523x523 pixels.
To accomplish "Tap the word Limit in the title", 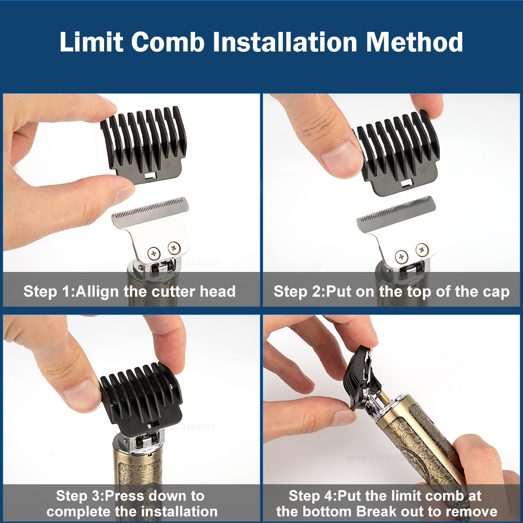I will pyautogui.click(x=90, y=42).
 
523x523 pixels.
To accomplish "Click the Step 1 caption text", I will pyautogui.click(x=129, y=291).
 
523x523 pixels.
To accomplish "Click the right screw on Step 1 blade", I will pyautogui.click(x=173, y=247).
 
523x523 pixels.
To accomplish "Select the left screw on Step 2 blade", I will pyautogui.click(x=402, y=256).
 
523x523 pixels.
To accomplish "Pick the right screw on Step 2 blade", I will pyautogui.click(x=422, y=249).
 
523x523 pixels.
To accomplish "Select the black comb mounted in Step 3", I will pyautogui.click(x=141, y=397).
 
